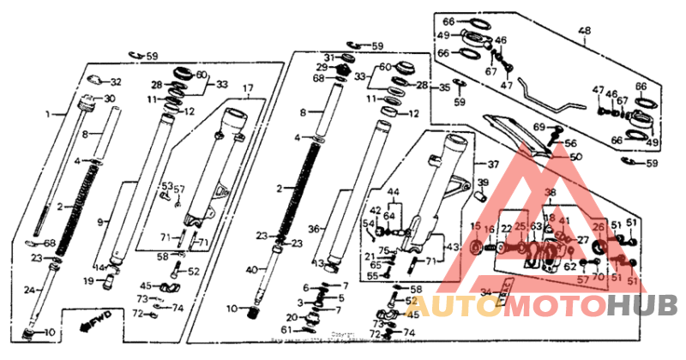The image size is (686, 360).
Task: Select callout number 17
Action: pyautogui.click(x=248, y=88)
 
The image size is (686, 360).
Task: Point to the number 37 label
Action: pyautogui.click(x=492, y=165)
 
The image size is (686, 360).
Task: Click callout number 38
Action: pyautogui.click(x=550, y=193)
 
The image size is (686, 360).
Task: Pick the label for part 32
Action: pyautogui.click(x=116, y=83)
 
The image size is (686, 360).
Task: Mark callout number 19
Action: pyautogui.click(x=88, y=279)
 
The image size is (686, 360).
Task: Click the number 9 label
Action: pyautogui.click(x=100, y=222)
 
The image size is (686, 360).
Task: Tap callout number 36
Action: pyautogui.click(x=314, y=229)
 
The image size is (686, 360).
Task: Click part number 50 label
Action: pyautogui.click(x=575, y=157)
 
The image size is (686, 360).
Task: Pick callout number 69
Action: pyautogui.click(x=539, y=127)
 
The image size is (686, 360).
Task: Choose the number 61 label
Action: pyautogui.click(x=285, y=330)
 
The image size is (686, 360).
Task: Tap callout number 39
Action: pyautogui.click(x=483, y=183)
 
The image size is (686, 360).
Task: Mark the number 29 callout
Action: pyautogui.click(x=322, y=67)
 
